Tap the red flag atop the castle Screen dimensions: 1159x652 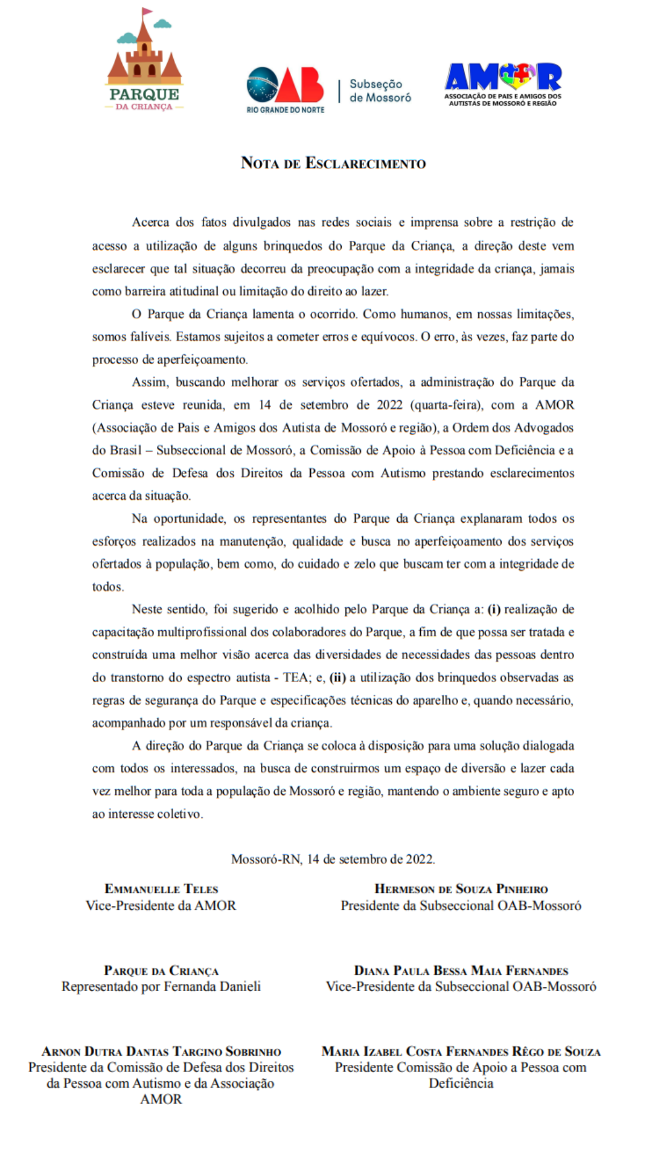point(147,11)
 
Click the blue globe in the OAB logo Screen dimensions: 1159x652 point(262,85)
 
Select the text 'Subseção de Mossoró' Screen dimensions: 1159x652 point(380,91)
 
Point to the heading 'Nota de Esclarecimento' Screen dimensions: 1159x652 point(333,163)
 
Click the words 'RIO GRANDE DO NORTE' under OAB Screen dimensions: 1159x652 point(285,110)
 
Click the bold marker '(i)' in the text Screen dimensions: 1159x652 point(494,609)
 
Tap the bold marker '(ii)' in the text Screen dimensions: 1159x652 point(337,677)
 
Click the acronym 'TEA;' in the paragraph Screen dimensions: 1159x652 point(296,677)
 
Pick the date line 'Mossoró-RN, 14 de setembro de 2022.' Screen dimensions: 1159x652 point(333,859)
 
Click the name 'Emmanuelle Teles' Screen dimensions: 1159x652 point(161,889)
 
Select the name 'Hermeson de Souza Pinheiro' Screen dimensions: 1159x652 point(461,889)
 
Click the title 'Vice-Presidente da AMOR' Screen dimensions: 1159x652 point(161,905)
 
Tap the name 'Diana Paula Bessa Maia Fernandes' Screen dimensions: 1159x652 point(461,971)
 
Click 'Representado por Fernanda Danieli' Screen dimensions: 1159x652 point(161,986)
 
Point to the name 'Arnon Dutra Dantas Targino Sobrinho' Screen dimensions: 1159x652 point(161,1052)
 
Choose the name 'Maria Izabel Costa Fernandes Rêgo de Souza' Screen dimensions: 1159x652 point(461,1052)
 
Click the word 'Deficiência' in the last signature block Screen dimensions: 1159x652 point(461,1083)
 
